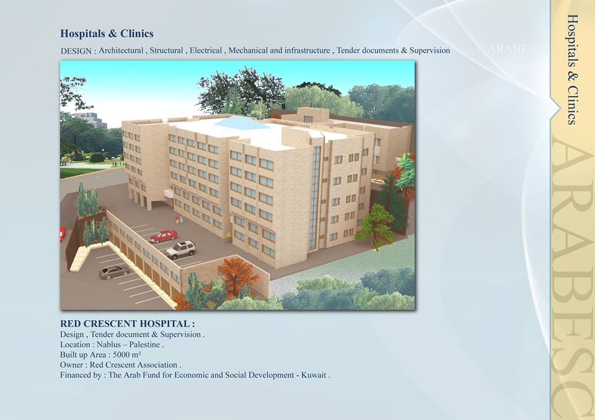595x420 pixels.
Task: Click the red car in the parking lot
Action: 164,236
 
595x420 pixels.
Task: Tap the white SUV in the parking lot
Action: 181,249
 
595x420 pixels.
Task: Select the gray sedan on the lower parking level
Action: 114,272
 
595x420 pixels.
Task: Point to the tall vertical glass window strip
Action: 315,198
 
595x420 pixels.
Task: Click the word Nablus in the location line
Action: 108,344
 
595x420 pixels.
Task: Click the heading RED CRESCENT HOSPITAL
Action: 127,323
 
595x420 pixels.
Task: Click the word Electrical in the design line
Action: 206,50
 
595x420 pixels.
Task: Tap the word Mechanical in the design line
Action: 248,50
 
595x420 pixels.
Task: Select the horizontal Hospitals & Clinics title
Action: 107,33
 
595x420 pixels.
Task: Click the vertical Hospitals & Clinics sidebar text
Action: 573,69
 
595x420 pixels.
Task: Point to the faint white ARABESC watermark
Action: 514,50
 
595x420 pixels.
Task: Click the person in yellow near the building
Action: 229,237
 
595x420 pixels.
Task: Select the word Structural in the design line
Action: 166,50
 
